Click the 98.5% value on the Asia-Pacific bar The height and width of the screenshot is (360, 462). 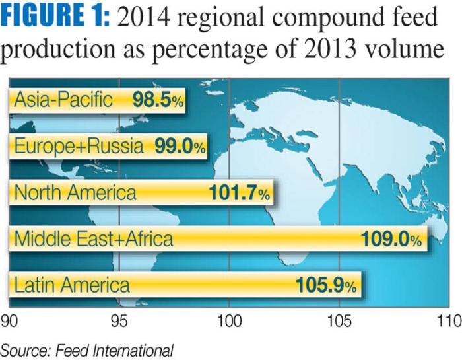(x=156, y=101)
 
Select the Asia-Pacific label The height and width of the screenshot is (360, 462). (x=63, y=101)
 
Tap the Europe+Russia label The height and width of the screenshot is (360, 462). (x=79, y=147)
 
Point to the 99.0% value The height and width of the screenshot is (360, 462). (x=180, y=147)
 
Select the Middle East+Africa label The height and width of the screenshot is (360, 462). (x=94, y=239)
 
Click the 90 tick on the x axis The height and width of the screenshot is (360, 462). (x=9, y=322)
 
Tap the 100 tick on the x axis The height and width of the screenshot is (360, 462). (x=228, y=322)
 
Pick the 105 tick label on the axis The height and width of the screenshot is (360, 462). (x=339, y=322)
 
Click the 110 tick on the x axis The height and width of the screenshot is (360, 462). (x=448, y=322)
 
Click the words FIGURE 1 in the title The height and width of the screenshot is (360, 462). (x=54, y=18)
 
